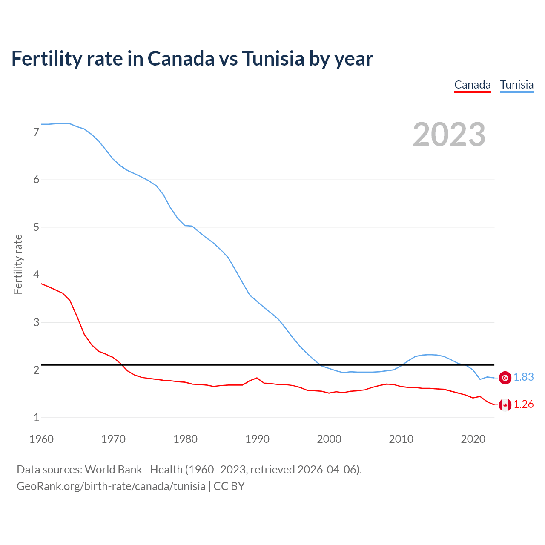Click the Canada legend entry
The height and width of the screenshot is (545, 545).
[472, 85]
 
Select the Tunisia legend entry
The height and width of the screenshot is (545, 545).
[516, 85]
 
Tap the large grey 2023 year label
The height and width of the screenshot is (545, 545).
[449, 135]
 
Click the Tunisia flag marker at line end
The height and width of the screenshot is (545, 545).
[505, 378]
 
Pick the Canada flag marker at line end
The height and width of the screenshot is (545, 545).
[505, 405]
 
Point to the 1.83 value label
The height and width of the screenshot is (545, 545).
[523, 377]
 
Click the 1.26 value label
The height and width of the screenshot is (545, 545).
[523, 404]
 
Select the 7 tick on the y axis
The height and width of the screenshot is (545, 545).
[36, 132]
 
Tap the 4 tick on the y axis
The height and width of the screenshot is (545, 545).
[36, 275]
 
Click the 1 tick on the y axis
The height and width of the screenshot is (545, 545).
[36, 418]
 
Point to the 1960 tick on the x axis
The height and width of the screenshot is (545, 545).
[41, 439]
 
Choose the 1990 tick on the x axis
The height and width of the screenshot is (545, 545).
[257, 439]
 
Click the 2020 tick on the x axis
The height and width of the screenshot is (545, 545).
[473, 439]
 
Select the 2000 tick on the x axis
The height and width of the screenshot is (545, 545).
[329, 439]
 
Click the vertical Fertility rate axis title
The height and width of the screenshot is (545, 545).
[18, 264]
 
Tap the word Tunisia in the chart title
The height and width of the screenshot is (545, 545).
[273, 58]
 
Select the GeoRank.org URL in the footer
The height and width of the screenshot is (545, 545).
[111, 486]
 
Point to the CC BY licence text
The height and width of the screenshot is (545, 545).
[229, 486]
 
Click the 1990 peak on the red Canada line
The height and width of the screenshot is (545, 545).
[257, 378]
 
